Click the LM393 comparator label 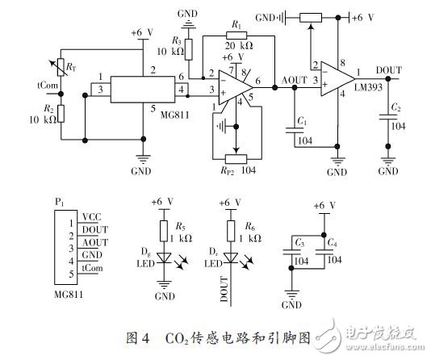(x=372, y=86)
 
